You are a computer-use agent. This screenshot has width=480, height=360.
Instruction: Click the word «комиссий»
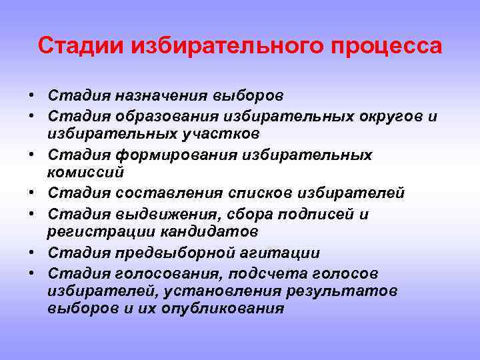point(85,172)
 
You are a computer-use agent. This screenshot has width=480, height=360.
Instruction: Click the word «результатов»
point(341,291)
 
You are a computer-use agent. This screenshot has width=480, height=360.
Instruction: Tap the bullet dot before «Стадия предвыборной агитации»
point(31,253)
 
